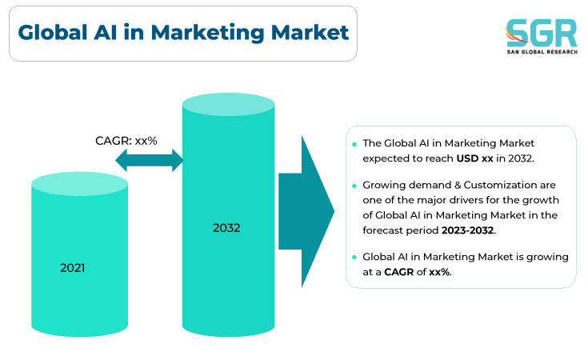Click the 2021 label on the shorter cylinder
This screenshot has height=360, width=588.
72,268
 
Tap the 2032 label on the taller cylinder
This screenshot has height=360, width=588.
226,228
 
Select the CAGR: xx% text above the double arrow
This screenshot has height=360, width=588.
126,141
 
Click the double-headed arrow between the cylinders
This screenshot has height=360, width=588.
150,160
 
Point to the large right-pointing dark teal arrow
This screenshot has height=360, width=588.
306,211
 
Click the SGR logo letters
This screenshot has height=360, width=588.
541,33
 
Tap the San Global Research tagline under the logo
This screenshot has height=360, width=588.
542,52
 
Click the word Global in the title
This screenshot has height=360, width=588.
53,32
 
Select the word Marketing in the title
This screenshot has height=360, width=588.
208,33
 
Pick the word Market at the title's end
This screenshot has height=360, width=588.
310,32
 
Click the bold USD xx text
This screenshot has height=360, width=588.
474,158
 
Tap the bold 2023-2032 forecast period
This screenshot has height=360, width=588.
468,230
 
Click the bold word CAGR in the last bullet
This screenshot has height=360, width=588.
399,272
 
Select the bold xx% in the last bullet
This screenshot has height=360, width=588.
439,272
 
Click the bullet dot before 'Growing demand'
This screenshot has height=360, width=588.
354,186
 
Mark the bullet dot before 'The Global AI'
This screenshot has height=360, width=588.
354,144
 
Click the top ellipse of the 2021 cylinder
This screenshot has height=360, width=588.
79,184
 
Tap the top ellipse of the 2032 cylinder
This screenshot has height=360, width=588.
228,104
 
